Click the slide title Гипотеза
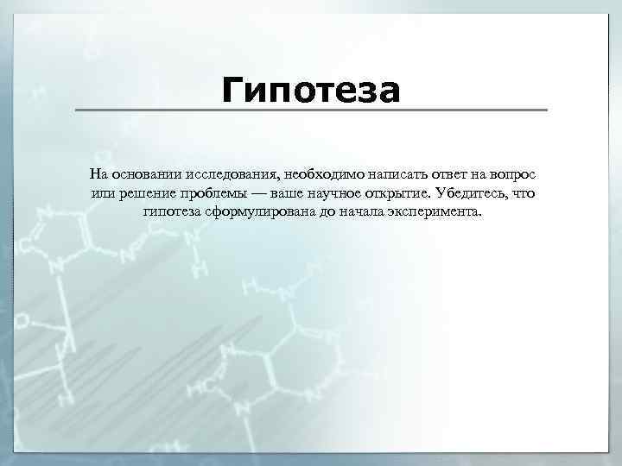pos(311,89)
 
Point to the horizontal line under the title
pos(311,110)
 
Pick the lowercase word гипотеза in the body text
pos(174,212)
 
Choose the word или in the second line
pos(102,192)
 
